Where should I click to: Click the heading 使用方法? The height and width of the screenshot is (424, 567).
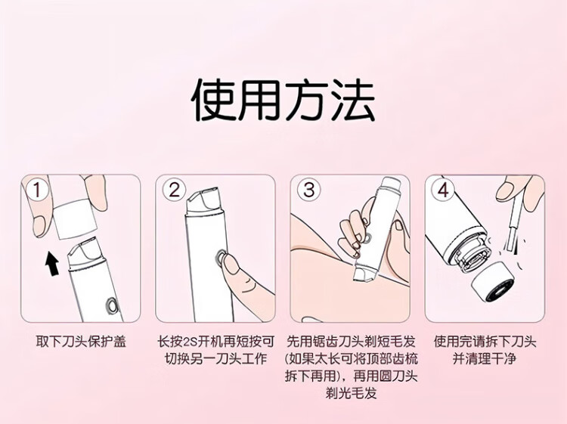tap(283, 101)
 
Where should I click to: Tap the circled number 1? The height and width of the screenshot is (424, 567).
tap(36, 190)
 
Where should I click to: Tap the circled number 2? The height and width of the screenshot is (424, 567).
tap(174, 190)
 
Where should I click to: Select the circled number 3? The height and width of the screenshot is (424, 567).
tap(308, 190)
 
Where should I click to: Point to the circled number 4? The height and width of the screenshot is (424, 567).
tap(443, 190)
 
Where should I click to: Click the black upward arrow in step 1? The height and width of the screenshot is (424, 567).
tap(52, 264)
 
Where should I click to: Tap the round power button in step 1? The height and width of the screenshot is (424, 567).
tap(112, 306)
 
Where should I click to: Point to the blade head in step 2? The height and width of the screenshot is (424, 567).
tap(204, 200)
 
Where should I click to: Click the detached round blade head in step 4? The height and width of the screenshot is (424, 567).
tap(493, 281)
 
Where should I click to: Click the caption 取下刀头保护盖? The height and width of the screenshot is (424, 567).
tap(81, 342)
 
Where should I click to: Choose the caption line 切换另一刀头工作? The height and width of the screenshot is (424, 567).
tap(215, 359)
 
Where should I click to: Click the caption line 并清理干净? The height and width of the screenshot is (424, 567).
tap(484, 359)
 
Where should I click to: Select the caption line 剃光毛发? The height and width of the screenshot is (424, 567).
tap(351, 393)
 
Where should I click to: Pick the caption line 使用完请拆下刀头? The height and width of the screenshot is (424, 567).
tap(485, 342)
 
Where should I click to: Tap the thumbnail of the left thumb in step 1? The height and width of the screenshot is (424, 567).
tap(39, 226)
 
